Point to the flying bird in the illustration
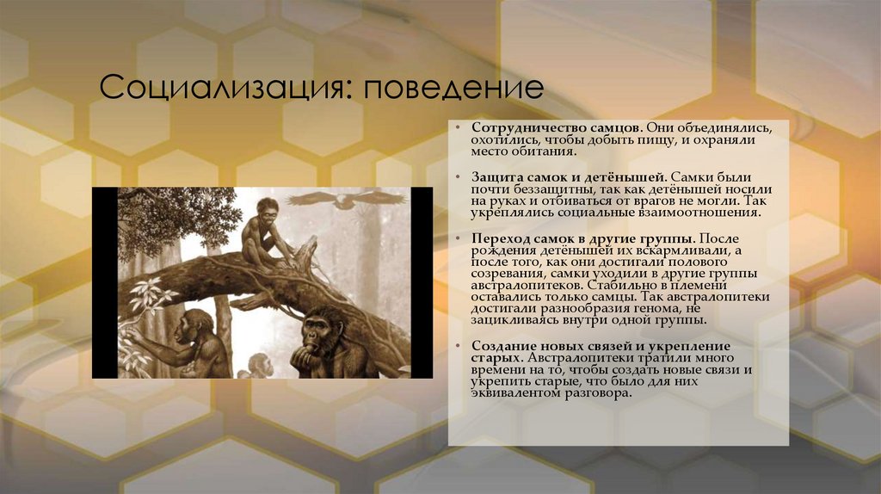(x=345, y=200)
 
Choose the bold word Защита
(x=495, y=176)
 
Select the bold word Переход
(x=498, y=238)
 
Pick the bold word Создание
(x=499, y=345)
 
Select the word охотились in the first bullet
(x=501, y=139)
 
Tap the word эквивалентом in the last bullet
(x=513, y=393)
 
